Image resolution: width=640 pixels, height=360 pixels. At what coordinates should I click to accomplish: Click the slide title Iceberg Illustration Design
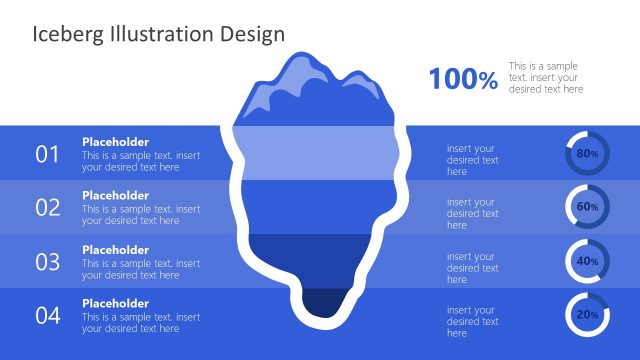159,34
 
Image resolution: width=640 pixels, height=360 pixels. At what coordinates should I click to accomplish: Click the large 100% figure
463,80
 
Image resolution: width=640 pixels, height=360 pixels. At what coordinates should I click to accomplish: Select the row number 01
48,154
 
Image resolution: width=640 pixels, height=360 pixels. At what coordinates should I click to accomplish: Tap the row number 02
48,208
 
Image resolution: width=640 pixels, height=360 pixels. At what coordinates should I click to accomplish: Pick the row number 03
48,262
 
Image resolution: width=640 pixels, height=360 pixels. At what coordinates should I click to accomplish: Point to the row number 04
48,316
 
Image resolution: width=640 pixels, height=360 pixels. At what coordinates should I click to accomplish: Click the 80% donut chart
587,153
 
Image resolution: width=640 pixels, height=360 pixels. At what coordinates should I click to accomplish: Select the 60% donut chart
587,206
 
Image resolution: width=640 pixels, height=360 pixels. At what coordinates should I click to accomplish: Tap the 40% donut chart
587,260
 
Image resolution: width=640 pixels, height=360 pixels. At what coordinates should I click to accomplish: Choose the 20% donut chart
587,314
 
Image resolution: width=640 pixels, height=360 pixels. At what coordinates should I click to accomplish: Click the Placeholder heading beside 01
115,142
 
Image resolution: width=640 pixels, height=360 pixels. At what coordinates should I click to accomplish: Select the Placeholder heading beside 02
115,196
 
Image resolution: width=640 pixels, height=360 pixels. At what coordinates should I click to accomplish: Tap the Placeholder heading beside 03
115,250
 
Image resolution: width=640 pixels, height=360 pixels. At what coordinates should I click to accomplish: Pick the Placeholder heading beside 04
115,304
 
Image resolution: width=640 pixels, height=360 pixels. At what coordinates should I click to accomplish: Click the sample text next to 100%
545,77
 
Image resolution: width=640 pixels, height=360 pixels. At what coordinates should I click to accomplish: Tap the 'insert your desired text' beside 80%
472,159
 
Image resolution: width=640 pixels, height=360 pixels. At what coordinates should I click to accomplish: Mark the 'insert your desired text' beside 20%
472,321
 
